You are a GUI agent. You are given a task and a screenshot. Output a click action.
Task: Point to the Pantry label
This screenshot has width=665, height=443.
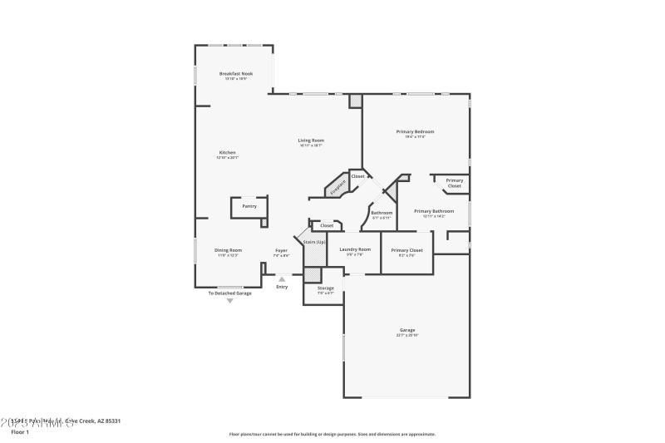(249, 206)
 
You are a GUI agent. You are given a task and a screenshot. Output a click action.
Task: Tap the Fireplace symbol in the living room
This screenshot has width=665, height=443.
(337, 186)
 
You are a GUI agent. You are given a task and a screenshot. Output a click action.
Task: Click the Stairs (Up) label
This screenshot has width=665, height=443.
(314, 242)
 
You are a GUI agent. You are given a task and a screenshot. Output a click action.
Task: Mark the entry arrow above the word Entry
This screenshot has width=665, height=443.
(282, 279)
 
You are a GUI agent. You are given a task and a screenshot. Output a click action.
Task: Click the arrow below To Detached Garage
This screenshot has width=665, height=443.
(230, 300)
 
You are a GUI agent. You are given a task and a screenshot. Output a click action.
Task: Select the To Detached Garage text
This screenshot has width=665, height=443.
(229, 293)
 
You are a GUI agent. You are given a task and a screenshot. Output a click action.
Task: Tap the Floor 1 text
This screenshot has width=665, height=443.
(20, 432)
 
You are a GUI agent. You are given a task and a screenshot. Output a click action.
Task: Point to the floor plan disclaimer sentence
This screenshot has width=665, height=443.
(332, 434)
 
